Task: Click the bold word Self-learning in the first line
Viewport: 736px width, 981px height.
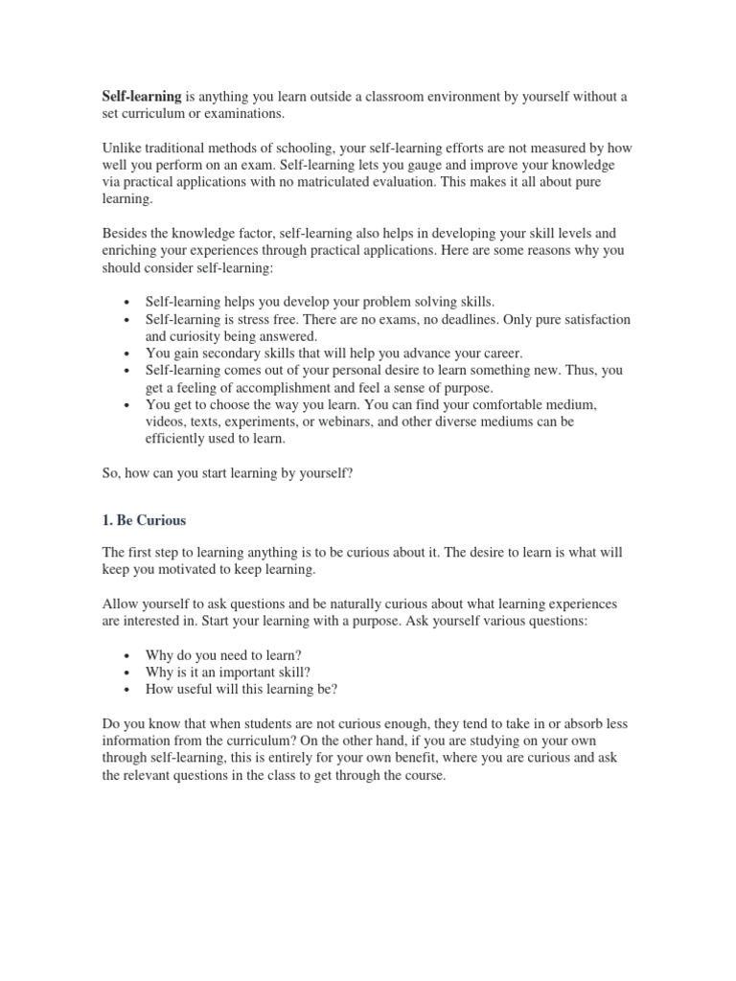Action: (141, 97)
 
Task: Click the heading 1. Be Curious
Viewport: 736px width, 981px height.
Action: (144, 521)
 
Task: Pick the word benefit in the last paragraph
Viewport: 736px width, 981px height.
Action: (441, 758)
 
